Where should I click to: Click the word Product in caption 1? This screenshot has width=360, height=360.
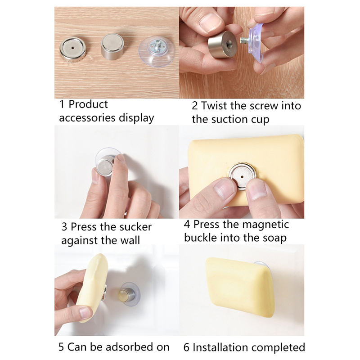88,104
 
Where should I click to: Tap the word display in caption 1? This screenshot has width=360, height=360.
136,118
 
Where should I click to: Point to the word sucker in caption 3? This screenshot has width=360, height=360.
135,227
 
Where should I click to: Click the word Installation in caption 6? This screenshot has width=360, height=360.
220,347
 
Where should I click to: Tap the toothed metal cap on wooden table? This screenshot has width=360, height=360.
73,49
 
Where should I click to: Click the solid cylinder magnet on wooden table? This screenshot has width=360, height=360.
112,47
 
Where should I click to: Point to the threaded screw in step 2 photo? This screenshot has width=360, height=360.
245,40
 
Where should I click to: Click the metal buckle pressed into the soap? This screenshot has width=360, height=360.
242,177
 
